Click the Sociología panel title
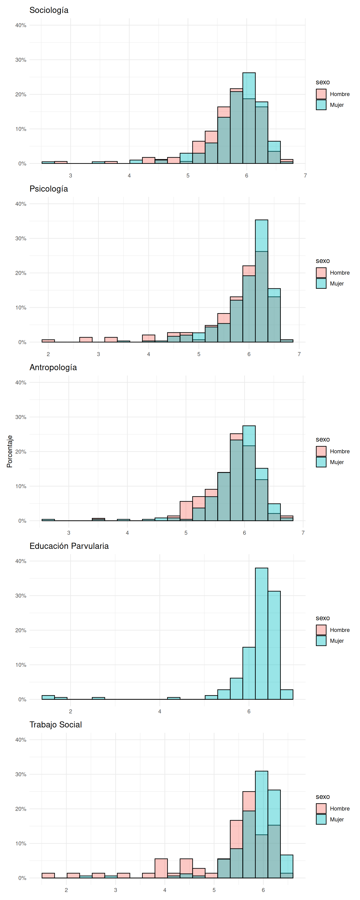pos(49,10)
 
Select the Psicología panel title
pos(49,189)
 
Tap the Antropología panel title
pos(53,367)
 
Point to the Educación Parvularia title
pos(69,546)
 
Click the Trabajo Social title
pos(56,725)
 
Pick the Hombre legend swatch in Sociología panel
pos(321,94)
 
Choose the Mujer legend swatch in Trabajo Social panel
pos(321,819)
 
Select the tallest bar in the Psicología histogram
pos(261,281)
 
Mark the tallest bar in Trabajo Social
pos(261,825)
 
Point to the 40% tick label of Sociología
pos(21,25)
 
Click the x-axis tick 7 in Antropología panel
pos(303,533)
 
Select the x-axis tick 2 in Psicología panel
pos(48,354)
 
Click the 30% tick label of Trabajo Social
pos(21,774)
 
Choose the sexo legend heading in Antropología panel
pos(322,439)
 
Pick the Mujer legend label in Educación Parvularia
pos(337,641)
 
